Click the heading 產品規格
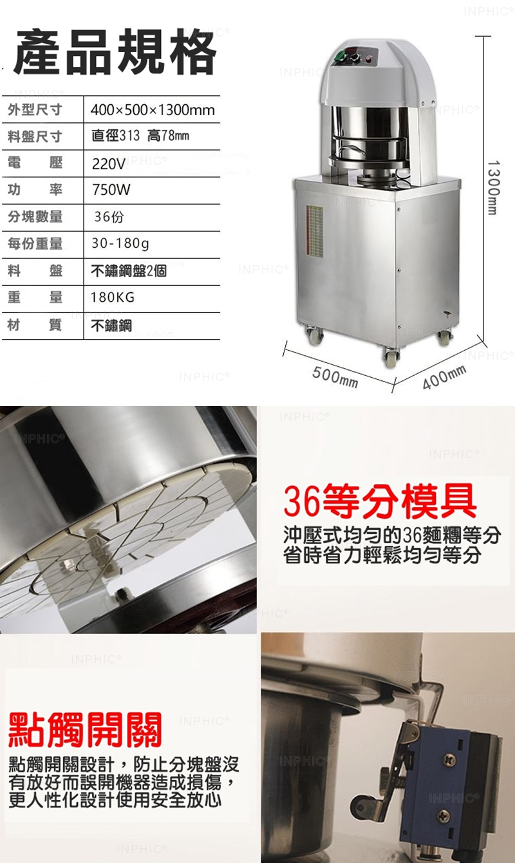[115, 52]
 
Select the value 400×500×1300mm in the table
[153, 110]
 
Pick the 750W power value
[111, 190]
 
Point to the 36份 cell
[109, 217]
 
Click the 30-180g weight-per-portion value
[120, 243]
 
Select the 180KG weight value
[113, 297]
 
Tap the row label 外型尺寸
[35, 110]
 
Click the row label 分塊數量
[35, 217]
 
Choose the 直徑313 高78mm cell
[140, 136]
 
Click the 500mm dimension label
[335, 376]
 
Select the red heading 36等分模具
[380, 502]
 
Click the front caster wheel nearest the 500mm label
[391, 358]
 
